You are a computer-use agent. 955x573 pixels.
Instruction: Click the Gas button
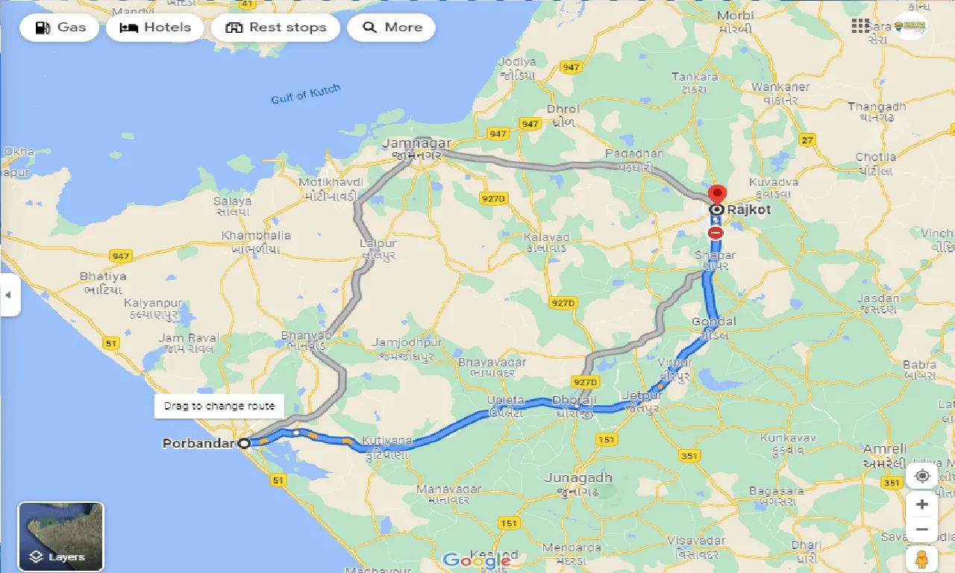59,28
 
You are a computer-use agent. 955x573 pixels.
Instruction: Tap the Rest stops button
275,28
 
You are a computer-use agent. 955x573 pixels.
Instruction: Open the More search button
392,28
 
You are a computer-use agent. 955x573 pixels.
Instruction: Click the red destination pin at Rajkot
716,195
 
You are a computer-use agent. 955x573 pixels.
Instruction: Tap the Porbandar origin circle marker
244,443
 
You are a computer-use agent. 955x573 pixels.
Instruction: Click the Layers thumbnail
61,536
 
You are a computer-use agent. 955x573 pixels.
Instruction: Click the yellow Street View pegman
922,559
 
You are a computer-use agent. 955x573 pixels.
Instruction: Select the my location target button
922,476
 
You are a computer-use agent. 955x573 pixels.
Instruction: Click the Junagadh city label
579,477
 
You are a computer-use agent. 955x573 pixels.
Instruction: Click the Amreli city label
885,449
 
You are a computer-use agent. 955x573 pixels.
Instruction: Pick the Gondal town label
714,322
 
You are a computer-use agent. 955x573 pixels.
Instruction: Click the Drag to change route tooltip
219,406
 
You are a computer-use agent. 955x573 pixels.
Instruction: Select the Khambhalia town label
256,236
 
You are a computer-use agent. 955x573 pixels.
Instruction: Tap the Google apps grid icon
860,25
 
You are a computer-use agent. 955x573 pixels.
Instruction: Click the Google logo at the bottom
477,560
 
